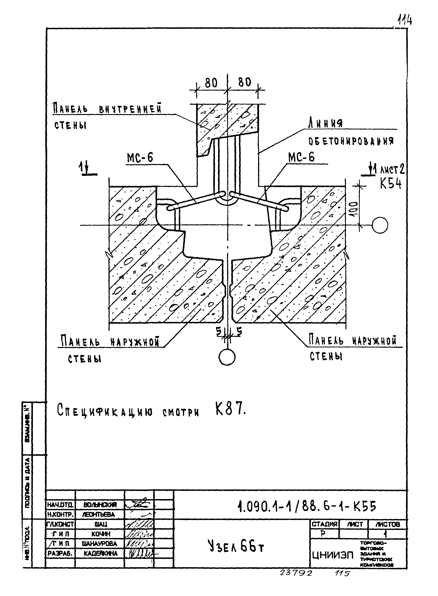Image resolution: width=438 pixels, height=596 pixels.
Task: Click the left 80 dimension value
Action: point(211,83)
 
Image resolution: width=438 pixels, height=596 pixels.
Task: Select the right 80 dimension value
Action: point(244,82)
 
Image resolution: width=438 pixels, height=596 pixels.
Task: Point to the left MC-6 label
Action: point(140,158)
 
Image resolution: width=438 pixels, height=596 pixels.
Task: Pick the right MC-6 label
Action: point(302,157)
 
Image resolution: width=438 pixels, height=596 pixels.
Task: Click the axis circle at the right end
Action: point(380,225)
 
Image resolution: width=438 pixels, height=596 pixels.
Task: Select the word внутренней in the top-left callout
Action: point(130,109)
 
